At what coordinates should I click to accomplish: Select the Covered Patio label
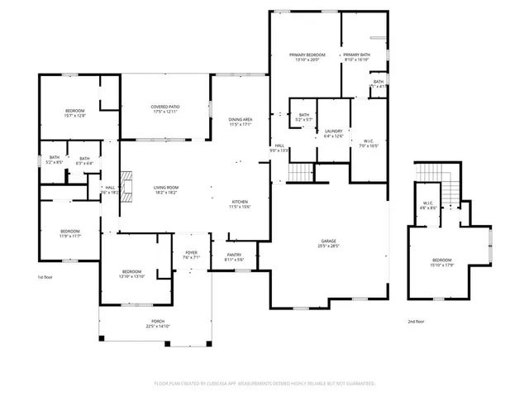pos(165,109)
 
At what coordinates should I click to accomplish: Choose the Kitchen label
pos(240,204)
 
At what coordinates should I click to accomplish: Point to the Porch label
pos(157,323)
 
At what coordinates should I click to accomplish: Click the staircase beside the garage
pos(300,172)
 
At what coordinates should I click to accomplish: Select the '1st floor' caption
pos(46,277)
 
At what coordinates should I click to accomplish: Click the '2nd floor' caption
pos(417,321)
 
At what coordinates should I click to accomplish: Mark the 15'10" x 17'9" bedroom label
pos(442,264)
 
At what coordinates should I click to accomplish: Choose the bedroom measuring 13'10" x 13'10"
pos(132,274)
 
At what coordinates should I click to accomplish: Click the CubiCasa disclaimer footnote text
pos(264,384)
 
